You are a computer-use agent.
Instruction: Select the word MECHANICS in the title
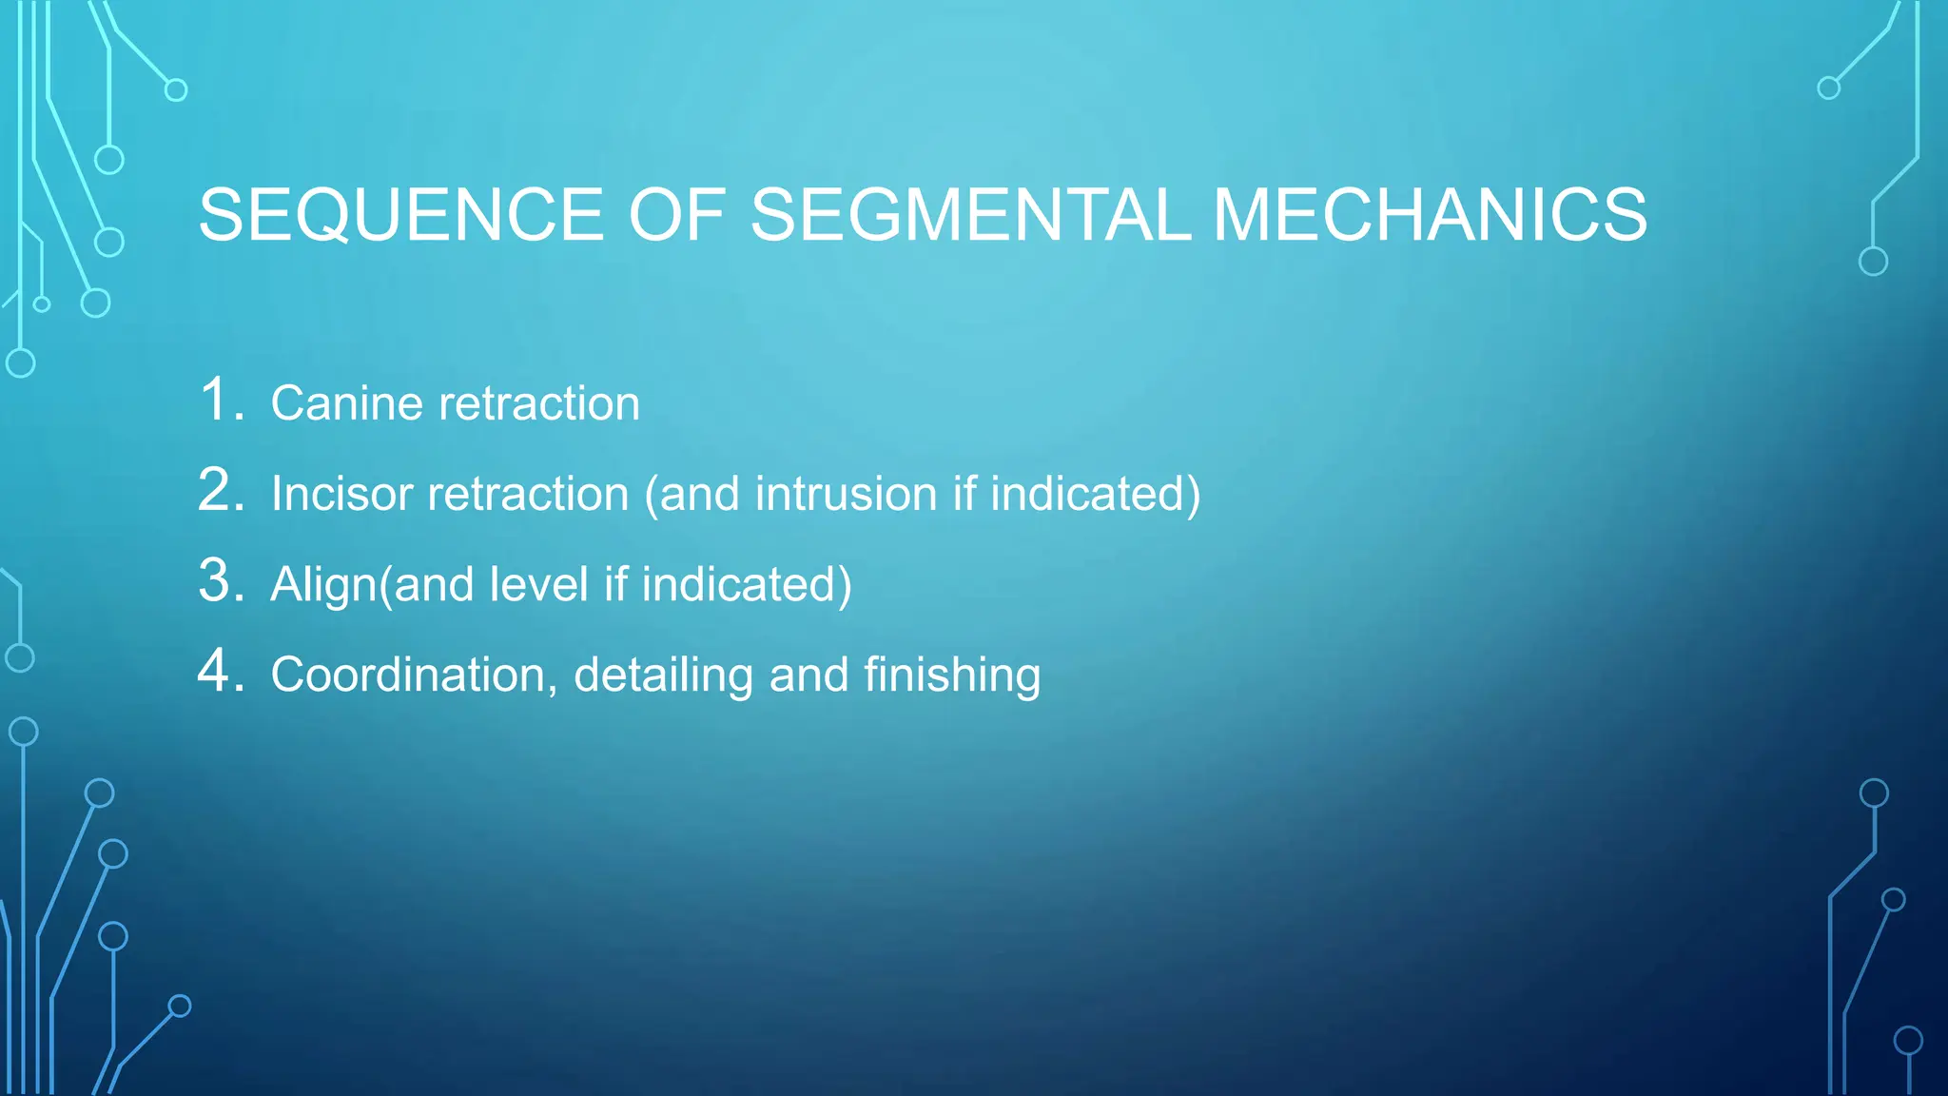click(x=1430, y=215)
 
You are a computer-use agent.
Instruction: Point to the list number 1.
click(x=218, y=399)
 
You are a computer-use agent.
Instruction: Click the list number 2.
click(x=218, y=490)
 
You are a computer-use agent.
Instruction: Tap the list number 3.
click(x=218, y=580)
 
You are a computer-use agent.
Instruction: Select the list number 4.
click(x=218, y=671)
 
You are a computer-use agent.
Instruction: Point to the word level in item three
click(x=538, y=585)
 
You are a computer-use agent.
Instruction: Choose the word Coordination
click(x=407, y=675)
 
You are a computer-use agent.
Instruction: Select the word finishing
click(x=952, y=675)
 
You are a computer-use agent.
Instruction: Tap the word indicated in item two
click(x=1094, y=495)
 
